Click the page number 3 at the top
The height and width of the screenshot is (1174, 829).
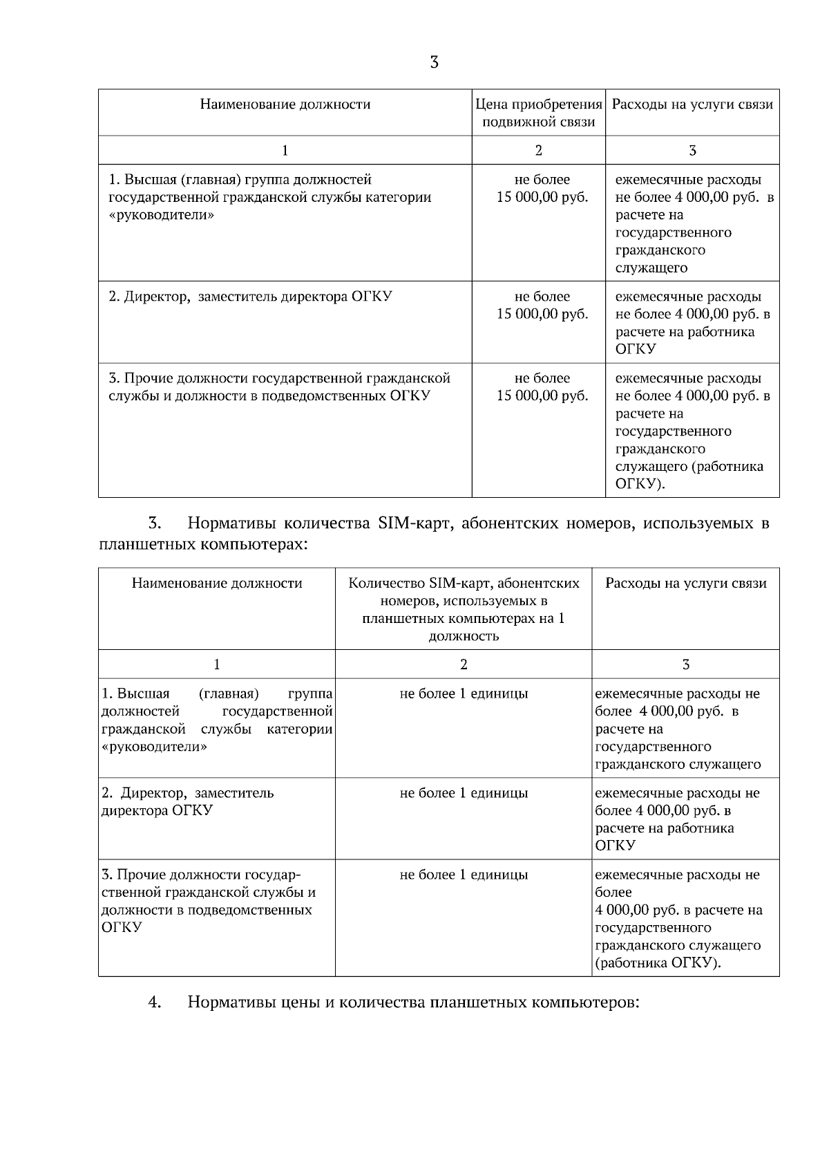(x=434, y=63)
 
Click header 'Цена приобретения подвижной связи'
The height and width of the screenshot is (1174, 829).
(x=539, y=113)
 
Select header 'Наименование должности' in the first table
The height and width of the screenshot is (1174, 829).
(x=285, y=104)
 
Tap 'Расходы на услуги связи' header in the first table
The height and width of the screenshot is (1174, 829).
(x=692, y=104)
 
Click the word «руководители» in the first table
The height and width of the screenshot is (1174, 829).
(x=162, y=215)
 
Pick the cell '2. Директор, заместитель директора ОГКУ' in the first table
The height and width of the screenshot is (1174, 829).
(x=251, y=297)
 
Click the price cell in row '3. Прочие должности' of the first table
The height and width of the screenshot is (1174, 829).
(x=542, y=387)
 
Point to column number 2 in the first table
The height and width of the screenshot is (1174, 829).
(x=539, y=151)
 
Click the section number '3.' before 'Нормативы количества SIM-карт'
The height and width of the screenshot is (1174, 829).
(x=155, y=523)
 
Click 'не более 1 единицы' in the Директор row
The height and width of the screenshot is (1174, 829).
(x=464, y=793)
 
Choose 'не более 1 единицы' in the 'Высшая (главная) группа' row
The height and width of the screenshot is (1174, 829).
(x=464, y=693)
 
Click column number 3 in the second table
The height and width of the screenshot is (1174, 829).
(x=685, y=664)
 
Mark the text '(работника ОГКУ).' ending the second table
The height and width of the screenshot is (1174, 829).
(x=658, y=963)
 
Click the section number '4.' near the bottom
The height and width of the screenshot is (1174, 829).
(x=155, y=1003)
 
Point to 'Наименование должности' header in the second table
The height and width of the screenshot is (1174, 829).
(x=217, y=583)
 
